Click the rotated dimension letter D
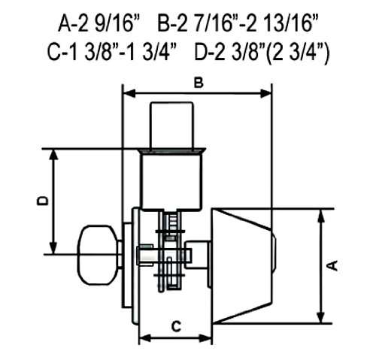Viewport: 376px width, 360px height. point(43,201)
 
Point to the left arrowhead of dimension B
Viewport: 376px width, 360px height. point(126,94)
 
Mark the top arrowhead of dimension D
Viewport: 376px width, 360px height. point(53,153)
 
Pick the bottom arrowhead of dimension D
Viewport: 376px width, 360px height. point(53,252)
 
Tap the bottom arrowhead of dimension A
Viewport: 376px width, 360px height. point(322,319)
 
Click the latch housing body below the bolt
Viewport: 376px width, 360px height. point(173,180)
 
